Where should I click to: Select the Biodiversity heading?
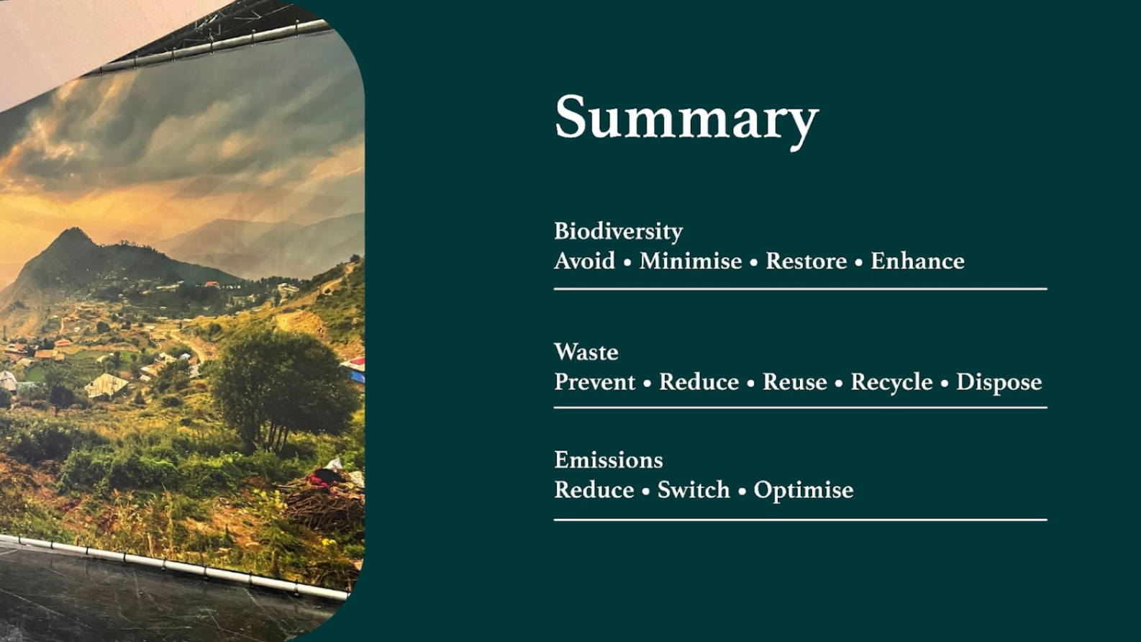pyautogui.click(x=619, y=232)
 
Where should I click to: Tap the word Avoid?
pyautogui.click(x=585, y=261)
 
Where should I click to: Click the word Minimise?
pyautogui.click(x=691, y=261)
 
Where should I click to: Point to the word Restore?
pyautogui.click(x=806, y=261)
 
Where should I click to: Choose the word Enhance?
pyautogui.click(x=917, y=261)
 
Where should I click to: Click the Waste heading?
pyautogui.click(x=586, y=352)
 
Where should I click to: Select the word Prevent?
pyautogui.click(x=595, y=382)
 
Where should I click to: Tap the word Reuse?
pyautogui.click(x=795, y=382)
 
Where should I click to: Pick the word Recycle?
pyautogui.click(x=892, y=383)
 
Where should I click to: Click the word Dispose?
pyautogui.click(x=999, y=383)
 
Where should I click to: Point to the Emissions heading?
pyautogui.click(x=609, y=460)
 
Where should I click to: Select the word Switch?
pyautogui.click(x=694, y=490)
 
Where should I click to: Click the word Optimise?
pyautogui.click(x=804, y=491)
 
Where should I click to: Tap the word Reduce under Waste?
pyautogui.click(x=699, y=382)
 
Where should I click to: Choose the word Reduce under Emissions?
pyautogui.click(x=594, y=490)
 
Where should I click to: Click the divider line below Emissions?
pyautogui.click(x=800, y=520)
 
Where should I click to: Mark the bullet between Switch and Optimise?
pyautogui.click(x=742, y=492)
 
